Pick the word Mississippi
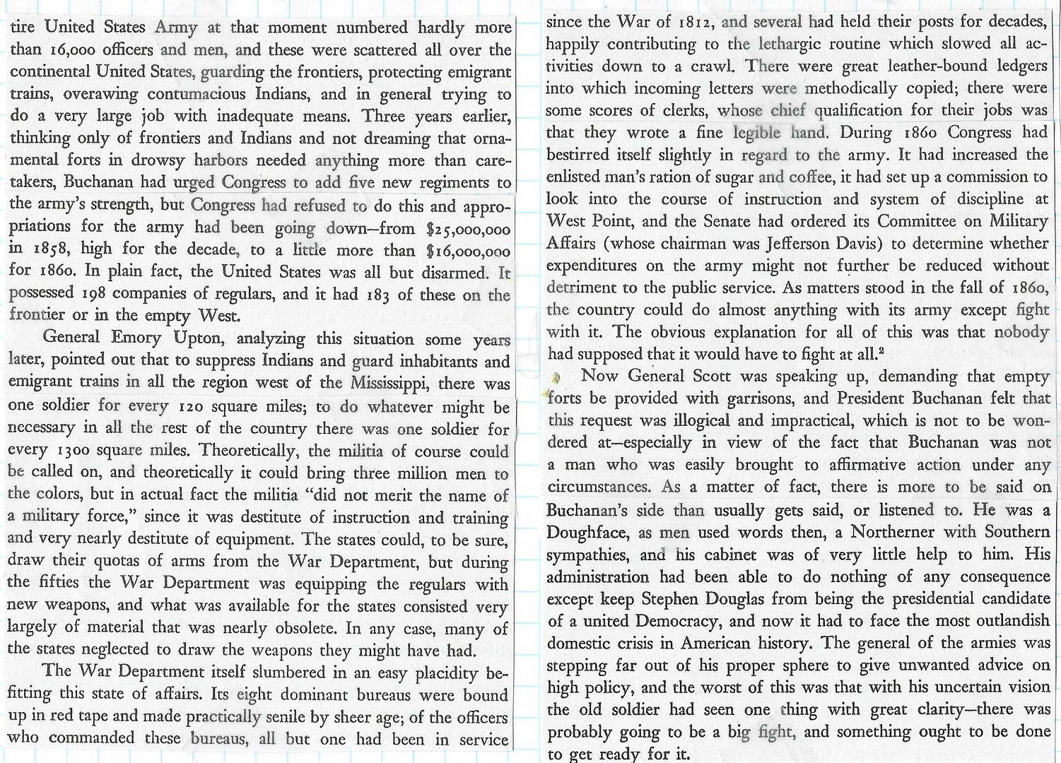[392, 383]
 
